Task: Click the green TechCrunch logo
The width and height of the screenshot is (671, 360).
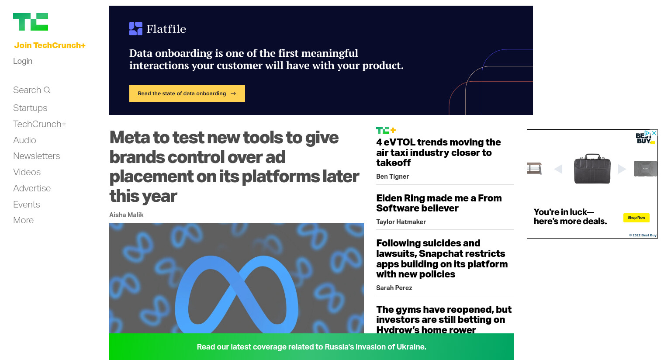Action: [x=31, y=22]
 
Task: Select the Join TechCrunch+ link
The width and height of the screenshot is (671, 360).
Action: [x=50, y=45]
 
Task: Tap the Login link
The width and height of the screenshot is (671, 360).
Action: [x=23, y=61]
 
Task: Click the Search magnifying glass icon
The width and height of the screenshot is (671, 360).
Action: [x=47, y=90]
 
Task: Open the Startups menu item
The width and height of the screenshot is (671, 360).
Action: [x=30, y=108]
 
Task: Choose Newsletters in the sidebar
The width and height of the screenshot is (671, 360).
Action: [x=37, y=156]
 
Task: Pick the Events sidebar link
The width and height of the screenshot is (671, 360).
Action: [x=27, y=204]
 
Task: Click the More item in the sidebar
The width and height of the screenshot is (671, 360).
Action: [x=23, y=220]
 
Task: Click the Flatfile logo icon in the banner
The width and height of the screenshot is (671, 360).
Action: [x=136, y=29]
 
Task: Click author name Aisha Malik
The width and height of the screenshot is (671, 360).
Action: [x=126, y=215]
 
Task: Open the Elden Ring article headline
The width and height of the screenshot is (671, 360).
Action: [x=439, y=203]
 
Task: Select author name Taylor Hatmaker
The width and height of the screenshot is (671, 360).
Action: [x=401, y=222]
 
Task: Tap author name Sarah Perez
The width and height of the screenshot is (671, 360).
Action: [x=394, y=288]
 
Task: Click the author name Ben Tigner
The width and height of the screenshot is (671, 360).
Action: [x=392, y=177]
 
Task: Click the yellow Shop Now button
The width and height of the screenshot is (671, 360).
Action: [x=636, y=218]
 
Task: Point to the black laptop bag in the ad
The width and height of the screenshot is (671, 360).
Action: [x=592, y=169]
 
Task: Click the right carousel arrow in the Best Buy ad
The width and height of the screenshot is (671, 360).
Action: [x=622, y=169]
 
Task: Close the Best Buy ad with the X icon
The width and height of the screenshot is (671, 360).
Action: [x=654, y=133]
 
